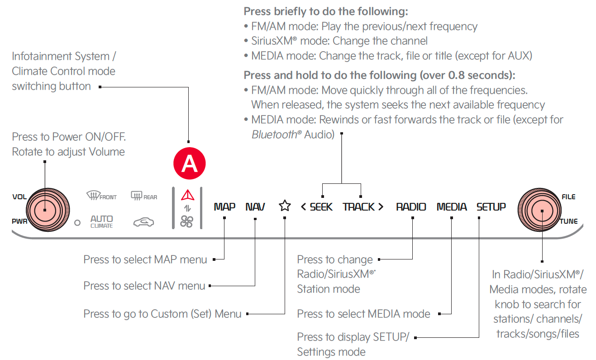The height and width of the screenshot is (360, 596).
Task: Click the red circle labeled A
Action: click(x=190, y=163)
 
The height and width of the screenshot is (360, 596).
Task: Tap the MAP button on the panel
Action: click(x=224, y=207)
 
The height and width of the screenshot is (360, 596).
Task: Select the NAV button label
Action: click(x=255, y=207)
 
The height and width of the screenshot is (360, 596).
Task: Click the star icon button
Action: click(x=285, y=206)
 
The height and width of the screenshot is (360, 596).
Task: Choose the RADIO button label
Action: click(x=411, y=207)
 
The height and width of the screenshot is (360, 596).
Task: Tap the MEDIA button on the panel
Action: click(x=452, y=207)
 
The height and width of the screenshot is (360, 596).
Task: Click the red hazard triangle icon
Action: click(x=187, y=195)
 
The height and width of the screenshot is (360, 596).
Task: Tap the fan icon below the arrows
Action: click(x=187, y=221)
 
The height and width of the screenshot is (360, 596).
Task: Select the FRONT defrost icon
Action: click(x=101, y=196)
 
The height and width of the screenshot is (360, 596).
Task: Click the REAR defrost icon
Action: click(x=143, y=196)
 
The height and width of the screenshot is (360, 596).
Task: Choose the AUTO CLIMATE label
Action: click(x=101, y=221)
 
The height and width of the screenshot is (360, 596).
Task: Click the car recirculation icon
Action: click(x=143, y=222)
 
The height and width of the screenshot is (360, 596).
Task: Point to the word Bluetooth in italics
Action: click(x=274, y=134)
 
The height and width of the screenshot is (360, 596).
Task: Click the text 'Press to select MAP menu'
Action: click(x=145, y=259)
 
